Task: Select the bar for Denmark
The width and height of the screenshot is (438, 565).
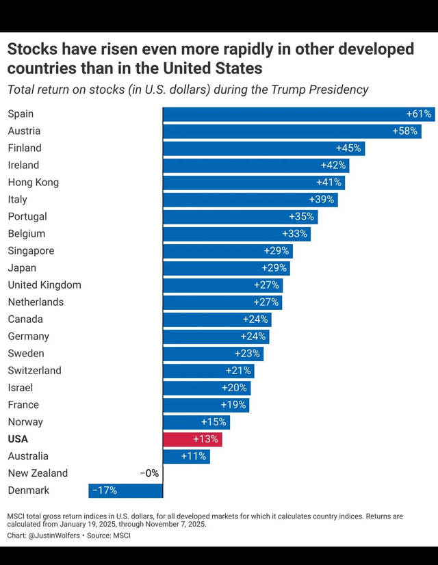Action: (126, 490)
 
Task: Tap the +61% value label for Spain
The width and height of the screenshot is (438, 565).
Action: (419, 114)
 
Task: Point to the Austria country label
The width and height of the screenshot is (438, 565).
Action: (24, 131)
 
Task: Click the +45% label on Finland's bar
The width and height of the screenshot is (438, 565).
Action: (348, 148)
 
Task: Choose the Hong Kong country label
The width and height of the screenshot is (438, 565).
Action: (33, 182)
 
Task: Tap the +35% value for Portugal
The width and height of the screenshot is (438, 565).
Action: (302, 217)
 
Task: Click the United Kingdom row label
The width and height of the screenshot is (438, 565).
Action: (44, 285)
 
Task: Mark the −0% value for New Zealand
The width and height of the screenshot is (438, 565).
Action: (149, 473)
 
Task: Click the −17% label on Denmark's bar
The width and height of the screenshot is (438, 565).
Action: (104, 490)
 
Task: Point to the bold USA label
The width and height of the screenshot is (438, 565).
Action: (18, 439)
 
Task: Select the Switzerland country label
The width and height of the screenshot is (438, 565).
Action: (34, 370)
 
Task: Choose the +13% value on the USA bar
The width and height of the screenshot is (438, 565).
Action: (206, 439)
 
